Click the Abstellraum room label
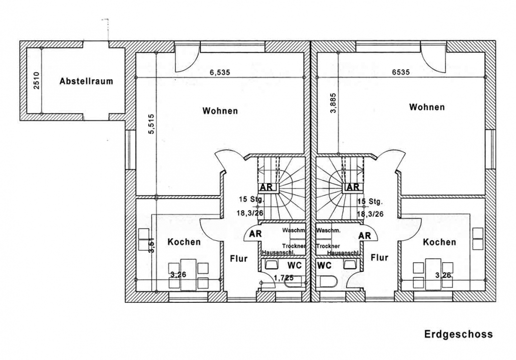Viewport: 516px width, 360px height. (86, 81)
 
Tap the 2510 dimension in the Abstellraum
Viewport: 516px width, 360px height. (37, 80)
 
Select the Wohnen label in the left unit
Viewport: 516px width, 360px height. (220, 111)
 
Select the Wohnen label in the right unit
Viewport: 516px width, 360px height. (427, 107)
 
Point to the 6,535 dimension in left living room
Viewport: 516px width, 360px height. (220, 73)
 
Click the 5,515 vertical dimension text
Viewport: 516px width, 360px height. (151, 124)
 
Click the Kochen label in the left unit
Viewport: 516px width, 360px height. (184, 242)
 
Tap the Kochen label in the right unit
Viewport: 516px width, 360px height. (439, 242)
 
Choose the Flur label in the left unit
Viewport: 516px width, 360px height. (239, 259)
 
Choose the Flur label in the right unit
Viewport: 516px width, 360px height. (379, 258)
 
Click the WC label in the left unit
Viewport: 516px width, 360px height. (295, 265)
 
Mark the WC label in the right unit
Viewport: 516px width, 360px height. (325, 265)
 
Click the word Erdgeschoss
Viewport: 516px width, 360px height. (458, 334)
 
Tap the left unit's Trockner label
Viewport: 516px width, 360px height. (294, 246)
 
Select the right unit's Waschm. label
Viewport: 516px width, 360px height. (329, 231)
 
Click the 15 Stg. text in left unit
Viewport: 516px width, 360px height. (252, 200)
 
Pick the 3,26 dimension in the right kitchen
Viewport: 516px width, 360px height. (443, 275)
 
